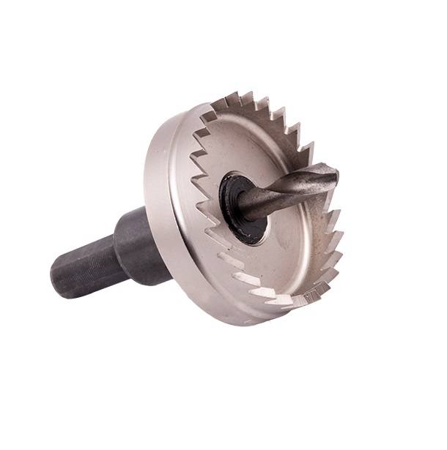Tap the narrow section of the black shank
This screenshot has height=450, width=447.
[84, 267]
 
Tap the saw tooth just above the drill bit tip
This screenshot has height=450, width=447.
[316, 149]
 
